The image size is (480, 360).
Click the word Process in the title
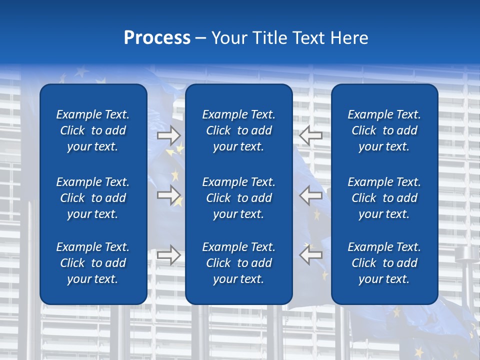[x=157, y=38]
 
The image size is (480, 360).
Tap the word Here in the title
[x=349, y=38]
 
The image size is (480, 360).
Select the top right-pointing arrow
[x=169, y=135]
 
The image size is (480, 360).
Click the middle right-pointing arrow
[x=169, y=195]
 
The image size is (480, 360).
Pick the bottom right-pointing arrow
[x=169, y=255]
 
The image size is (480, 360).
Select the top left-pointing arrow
[x=310, y=135]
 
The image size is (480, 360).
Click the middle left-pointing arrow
[x=310, y=195]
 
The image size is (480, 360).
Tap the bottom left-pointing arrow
[x=310, y=255]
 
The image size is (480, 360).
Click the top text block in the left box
[x=93, y=130]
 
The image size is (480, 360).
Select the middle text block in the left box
[x=93, y=198]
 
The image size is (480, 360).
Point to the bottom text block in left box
[x=93, y=263]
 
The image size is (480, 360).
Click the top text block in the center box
[x=238, y=130]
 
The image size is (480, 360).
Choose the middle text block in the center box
[x=238, y=198]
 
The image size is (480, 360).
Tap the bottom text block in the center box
[x=238, y=263]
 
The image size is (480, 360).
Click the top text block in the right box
[x=384, y=130]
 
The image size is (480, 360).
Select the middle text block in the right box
[x=384, y=198]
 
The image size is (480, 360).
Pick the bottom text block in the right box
[x=384, y=263]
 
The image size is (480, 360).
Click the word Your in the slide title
[x=228, y=38]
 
